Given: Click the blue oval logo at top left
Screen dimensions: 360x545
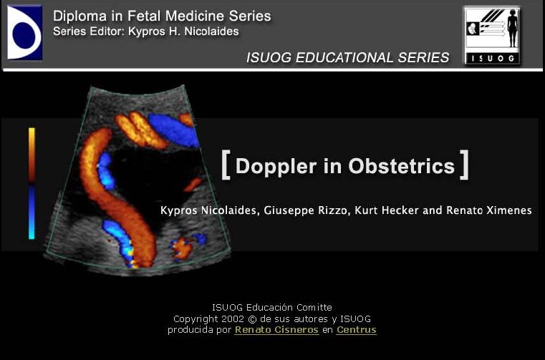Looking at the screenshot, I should [x=24, y=32].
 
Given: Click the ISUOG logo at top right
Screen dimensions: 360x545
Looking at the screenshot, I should [x=491, y=35].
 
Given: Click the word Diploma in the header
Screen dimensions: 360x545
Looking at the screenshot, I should [x=78, y=15].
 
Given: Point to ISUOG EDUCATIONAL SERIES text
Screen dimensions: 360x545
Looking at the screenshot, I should [x=347, y=57].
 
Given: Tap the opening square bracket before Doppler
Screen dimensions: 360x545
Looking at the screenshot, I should [x=226, y=164].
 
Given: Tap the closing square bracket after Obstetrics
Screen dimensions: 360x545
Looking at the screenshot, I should [x=465, y=164].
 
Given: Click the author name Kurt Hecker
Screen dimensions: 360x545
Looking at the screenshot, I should [x=383, y=210].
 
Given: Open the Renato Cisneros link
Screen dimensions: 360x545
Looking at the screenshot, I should [x=276, y=330].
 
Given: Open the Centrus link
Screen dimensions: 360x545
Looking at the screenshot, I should [x=356, y=330].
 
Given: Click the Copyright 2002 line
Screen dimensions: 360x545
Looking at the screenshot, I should [x=271, y=318].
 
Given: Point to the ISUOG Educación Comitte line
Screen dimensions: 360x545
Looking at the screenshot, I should [x=271, y=308].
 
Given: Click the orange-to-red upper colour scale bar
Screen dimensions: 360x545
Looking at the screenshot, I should [x=32, y=154].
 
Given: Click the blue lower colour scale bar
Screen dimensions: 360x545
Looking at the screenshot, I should [x=32, y=212].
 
